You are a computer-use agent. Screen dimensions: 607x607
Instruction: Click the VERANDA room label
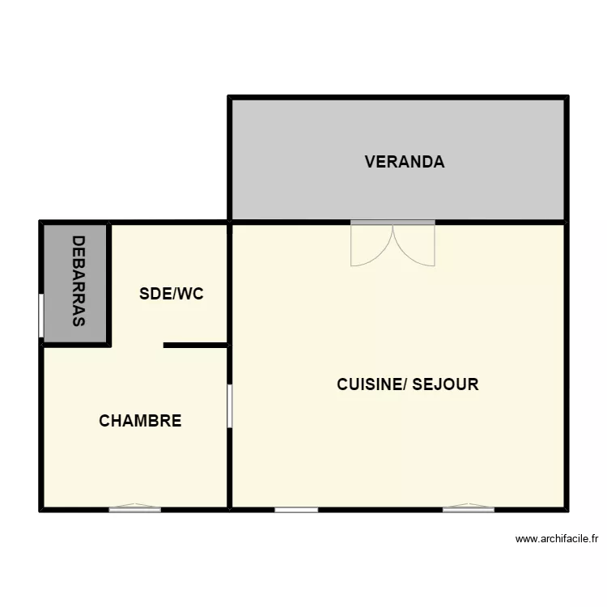tap(404, 162)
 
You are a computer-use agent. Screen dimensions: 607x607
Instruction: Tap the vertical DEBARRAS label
tap(79, 281)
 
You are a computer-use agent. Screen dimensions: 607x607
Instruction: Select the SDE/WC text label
tap(171, 294)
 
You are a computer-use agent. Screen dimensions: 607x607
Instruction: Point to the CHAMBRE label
tap(140, 421)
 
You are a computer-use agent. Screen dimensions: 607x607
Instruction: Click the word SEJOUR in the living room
tap(445, 384)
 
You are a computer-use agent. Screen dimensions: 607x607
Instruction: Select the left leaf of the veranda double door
tap(371, 244)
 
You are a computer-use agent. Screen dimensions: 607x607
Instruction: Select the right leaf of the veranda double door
tap(414, 244)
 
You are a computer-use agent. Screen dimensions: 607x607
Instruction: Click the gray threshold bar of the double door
tap(393, 222)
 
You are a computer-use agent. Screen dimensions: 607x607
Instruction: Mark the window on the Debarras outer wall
tap(41, 314)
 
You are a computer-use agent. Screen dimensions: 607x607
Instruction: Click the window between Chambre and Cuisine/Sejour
tap(230, 405)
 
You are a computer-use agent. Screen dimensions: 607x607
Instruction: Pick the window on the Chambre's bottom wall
tap(135, 509)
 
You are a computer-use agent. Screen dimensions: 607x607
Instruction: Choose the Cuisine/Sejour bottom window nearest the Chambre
tap(296, 509)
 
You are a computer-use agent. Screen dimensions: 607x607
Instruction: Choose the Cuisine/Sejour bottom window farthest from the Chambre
tap(469, 509)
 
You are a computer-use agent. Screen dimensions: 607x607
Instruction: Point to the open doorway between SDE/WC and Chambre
tap(137, 346)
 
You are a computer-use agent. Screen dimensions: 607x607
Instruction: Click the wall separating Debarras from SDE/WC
tap(109, 283)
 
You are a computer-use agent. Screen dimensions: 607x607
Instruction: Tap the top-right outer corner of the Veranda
tap(566, 98)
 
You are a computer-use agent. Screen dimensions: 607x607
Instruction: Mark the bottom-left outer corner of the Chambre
tap(41, 509)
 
